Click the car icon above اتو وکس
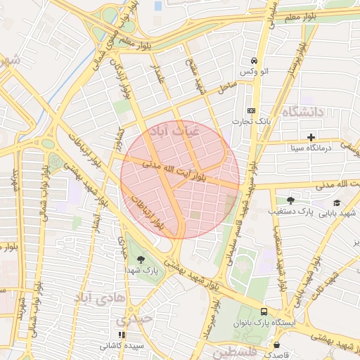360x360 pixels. point(252,61)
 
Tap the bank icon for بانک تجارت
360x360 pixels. point(251,110)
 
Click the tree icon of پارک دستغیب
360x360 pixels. point(290,200)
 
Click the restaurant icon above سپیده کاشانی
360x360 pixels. point(122,335)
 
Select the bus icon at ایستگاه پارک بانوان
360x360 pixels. point(264,311)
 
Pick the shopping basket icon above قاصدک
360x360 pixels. point(276,345)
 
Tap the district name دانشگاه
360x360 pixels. point(302,112)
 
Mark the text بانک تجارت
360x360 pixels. point(251,122)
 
